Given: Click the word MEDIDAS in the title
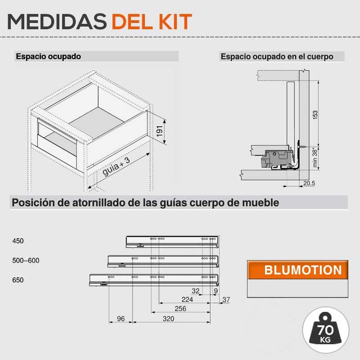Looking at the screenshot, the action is click(x=57, y=22).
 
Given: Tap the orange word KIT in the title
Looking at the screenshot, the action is click(x=175, y=22).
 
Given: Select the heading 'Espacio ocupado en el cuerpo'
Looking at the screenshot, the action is click(x=277, y=57).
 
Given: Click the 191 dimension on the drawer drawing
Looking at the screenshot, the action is click(x=160, y=131).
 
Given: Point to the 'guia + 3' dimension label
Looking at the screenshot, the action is click(x=116, y=166).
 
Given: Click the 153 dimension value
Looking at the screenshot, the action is click(x=315, y=115).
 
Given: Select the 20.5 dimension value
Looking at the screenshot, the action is click(x=309, y=183).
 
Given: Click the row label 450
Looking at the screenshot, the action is click(x=18, y=241).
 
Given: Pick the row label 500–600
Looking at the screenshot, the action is click(x=26, y=261).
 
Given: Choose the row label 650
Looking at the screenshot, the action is click(x=18, y=280).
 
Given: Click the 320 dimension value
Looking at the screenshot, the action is click(x=168, y=319).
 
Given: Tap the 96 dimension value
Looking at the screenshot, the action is click(x=121, y=319).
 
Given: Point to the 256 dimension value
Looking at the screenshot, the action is click(x=180, y=309).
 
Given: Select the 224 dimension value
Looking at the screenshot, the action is click(x=187, y=299).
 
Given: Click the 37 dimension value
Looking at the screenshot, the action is click(x=226, y=300).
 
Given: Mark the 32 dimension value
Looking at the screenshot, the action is click(x=195, y=291).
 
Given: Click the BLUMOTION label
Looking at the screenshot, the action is click(x=303, y=270).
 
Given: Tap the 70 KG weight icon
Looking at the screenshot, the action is click(x=325, y=330).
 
